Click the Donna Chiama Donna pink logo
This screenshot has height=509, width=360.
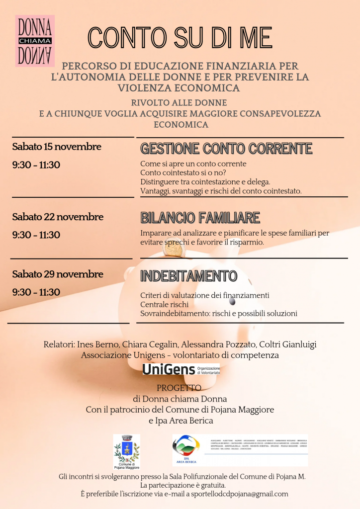[35, 40]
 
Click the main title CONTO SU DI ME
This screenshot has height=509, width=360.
[180, 38]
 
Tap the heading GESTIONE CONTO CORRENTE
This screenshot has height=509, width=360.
[226, 149]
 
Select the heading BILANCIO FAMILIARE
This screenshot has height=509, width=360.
[200, 218]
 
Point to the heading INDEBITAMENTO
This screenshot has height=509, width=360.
[189, 276]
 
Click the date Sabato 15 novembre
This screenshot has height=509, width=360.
[57, 147]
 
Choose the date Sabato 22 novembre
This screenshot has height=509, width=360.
[58, 217]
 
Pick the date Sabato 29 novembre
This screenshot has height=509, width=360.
[58, 274]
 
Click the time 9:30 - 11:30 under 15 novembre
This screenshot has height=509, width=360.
[36, 165]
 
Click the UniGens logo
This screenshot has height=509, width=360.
[181, 369]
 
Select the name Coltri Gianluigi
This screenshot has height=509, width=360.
[287, 344]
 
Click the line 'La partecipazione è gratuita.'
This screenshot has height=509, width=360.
[183, 485]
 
